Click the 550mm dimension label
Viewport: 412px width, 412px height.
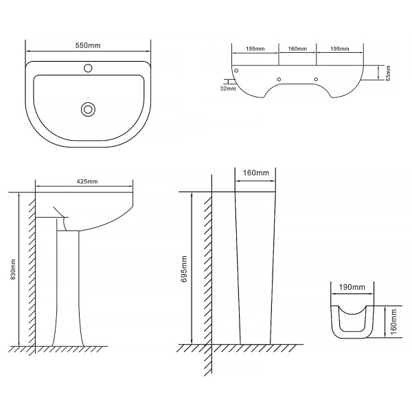[88, 45]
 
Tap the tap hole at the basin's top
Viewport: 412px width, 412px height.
[88, 68]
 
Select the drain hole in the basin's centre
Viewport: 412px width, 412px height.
[88, 109]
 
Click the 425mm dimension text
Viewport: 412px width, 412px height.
[87, 181]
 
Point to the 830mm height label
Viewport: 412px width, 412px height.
[14, 269]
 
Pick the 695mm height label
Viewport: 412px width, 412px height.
[184, 268]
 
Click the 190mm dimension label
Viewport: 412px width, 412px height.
[352, 287]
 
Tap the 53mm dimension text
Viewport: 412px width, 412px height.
[389, 73]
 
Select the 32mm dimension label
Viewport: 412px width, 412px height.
[228, 89]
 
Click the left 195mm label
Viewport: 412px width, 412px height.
[255, 49]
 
